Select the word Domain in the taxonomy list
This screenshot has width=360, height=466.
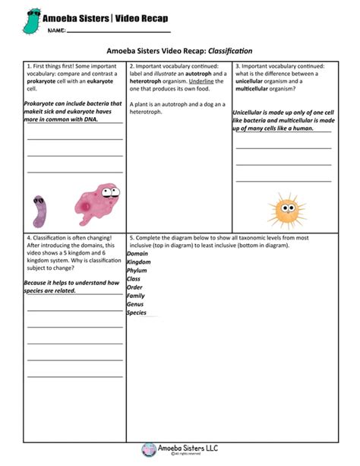137,254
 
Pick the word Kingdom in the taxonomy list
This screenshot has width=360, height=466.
139,262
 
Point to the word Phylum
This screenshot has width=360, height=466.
137,271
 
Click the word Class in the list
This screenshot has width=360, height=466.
134,279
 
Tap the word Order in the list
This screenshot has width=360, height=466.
134,287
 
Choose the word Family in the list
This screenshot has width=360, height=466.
136,296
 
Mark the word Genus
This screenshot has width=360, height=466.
135,304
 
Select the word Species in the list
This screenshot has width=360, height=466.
137,312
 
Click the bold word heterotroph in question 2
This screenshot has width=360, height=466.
149,81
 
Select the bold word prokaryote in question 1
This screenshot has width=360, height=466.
42,81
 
